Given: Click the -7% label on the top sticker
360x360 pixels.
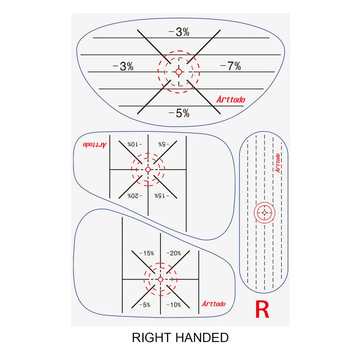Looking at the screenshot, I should coord(230,66).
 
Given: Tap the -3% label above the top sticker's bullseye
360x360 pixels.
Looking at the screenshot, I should coord(179,32).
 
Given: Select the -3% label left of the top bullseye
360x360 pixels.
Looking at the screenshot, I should coord(123,66).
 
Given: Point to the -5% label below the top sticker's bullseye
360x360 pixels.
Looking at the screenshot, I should coord(179,113).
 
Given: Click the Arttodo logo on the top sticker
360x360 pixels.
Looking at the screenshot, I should coord(231,99).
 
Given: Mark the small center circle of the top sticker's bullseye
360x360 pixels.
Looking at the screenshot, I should coord(178,72).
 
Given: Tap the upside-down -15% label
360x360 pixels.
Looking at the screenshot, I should coord(162,195).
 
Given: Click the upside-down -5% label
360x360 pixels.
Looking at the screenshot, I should coord(162,144).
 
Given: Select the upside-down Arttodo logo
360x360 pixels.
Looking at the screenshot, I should coord(94,144).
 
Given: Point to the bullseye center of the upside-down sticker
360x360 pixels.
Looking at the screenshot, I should coord(148,169).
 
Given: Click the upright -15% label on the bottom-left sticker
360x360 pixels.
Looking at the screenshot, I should coord(146,253).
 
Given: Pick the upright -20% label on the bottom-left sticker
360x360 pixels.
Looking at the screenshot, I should coord(173,253).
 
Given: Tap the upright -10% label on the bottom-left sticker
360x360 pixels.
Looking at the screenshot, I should coord(173,304).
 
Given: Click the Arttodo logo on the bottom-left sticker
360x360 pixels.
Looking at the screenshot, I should coord(213,303).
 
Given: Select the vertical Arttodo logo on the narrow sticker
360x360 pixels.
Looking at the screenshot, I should coord(277,162).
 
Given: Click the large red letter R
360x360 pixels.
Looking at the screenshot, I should coord(262,309).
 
